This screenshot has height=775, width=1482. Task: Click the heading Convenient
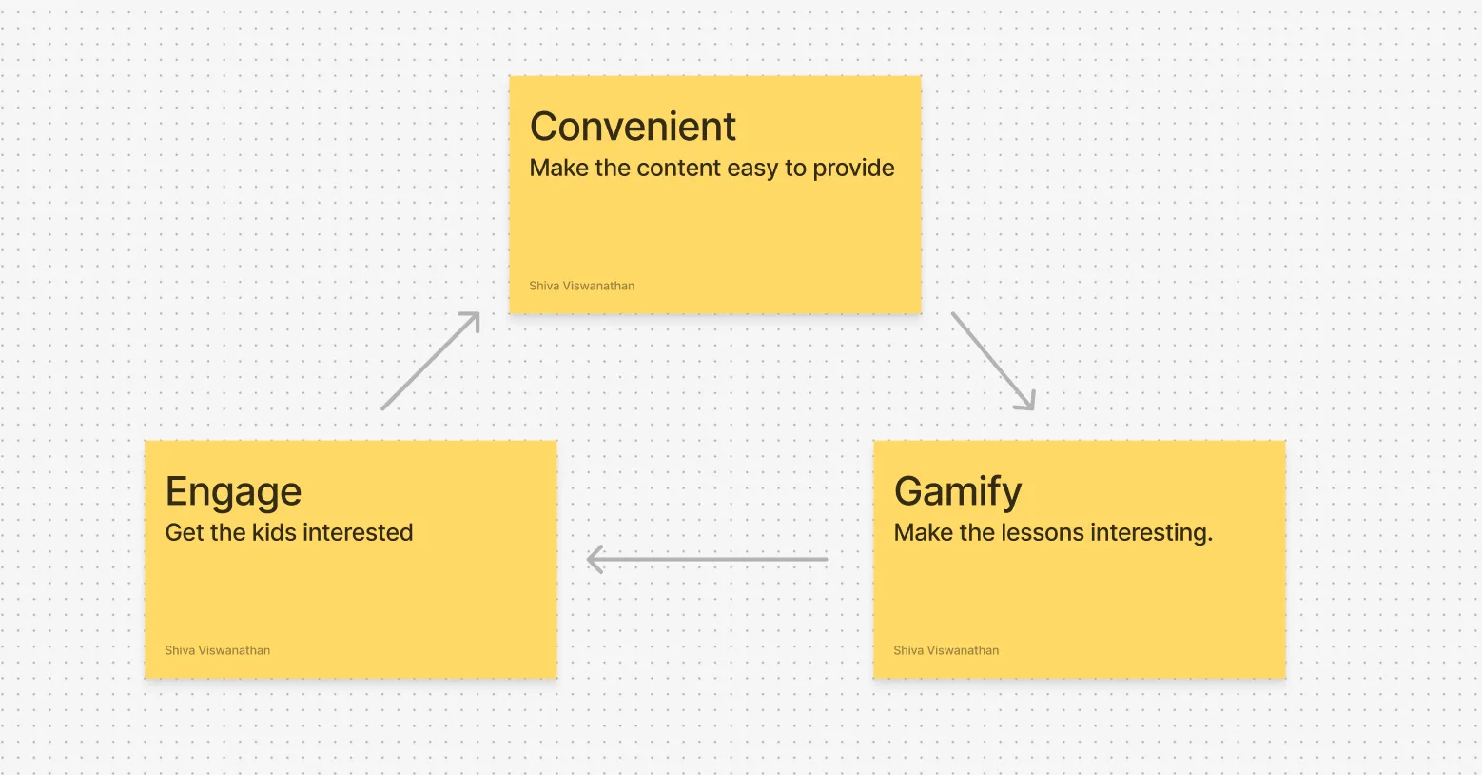click(x=633, y=126)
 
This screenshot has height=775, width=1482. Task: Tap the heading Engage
click(x=233, y=492)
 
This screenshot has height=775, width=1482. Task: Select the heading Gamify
click(x=957, y=492)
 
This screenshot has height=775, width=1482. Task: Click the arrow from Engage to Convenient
click(x=430, y=361)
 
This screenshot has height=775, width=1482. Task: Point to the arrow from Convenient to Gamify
click(x=993, y=362)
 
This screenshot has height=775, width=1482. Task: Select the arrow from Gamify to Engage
click(x=708, y=559)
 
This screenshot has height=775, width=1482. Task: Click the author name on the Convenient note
click(x=581, y=286)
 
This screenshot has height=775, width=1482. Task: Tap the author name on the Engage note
click(x=218, y=650)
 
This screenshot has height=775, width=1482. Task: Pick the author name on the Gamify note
click(x=946, y=650)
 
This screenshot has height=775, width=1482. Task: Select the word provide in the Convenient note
click(x=853, y=169)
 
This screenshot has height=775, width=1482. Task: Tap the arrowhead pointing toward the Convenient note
click(x=471, y=321)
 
